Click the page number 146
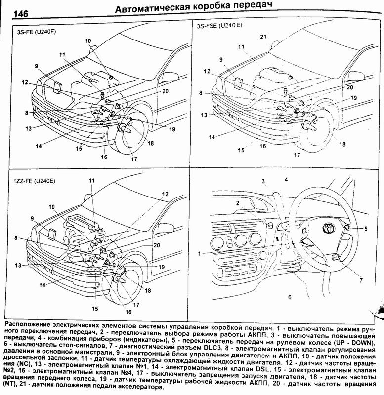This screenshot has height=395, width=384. click(20, 14)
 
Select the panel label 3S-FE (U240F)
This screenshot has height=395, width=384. click(37, 32)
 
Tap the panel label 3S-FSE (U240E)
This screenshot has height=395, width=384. click(219, 26)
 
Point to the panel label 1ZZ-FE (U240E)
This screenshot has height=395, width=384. click(35, 181)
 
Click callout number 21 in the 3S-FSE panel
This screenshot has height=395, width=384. click(263, 37)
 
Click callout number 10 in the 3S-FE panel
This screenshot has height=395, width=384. click(88, 41)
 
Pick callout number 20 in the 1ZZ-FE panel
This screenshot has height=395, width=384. click(157, 245)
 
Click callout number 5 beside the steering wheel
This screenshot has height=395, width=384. click(366, 229)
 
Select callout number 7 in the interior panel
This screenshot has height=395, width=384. click(361, 280)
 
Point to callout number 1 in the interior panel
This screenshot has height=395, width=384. click(200, 254)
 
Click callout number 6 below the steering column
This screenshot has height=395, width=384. click(290, 297)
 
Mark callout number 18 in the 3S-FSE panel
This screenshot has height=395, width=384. click(342, 144)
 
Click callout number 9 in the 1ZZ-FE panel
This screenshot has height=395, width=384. click(32, 218)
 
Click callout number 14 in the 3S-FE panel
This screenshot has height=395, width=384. click(39, 146)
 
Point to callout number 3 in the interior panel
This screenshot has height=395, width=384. click(263, 181)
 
